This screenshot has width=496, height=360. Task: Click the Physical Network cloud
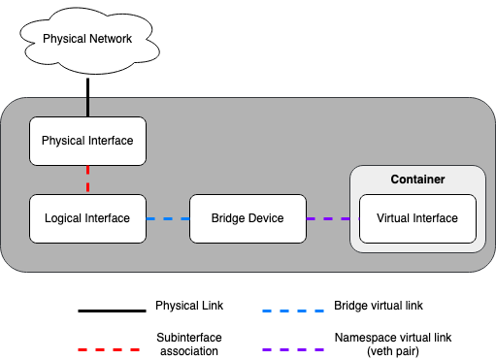tap(87, 39)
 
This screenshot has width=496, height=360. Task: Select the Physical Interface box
tap(87, 141)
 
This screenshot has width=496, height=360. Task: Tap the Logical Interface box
tap(87, 218)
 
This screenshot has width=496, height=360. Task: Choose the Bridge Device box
tap(248, 218)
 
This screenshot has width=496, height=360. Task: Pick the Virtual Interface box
tap(416, 218)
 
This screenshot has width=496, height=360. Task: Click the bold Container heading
tap(417, 180)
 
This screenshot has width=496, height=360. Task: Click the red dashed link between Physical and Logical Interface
tap(88, 179)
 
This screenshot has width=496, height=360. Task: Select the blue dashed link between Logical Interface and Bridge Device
tap(167, 218)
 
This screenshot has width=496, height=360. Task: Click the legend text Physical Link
tap(189, 306)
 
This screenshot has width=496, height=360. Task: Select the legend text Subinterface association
tap(189, 344)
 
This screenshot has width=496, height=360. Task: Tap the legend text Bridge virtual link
tap(378, 306)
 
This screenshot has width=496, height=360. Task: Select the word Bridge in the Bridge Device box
tap(229, 218)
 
